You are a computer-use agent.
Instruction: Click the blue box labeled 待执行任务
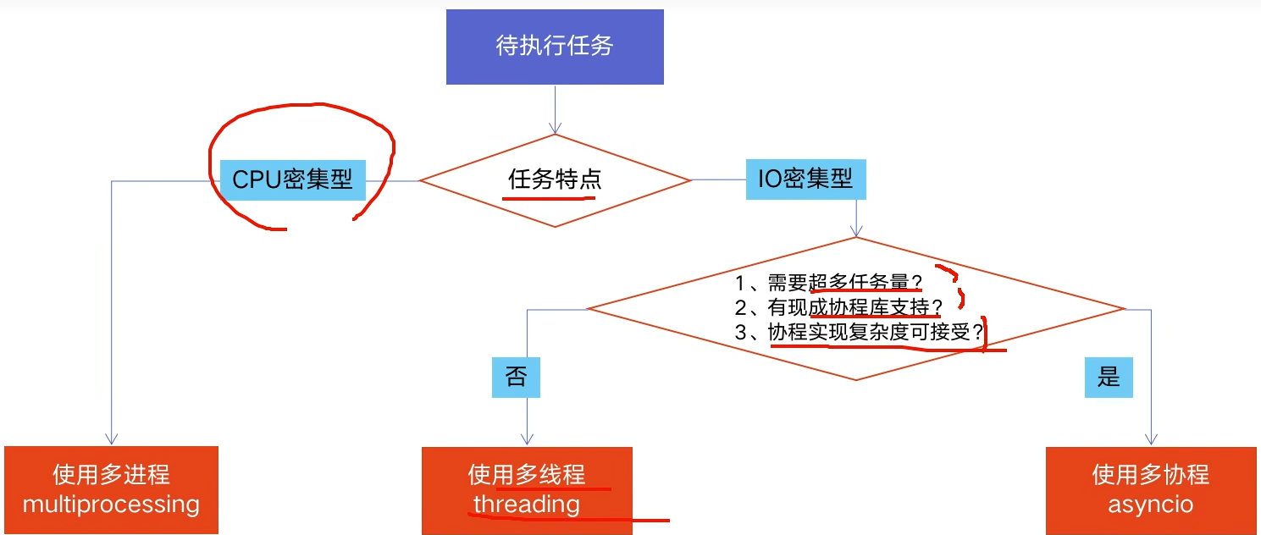pyautogui.click(x=555, y=47)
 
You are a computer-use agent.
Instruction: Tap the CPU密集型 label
pyautogui.click(x=293, y=179)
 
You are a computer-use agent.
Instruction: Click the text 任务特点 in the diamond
pyautogui.click(x=555, y=179)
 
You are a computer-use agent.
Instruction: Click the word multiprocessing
pyautogui.click(x=111, y=505)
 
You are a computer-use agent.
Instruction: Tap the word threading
pyautogui.click(x=527, y=505)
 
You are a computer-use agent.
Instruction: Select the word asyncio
pyautogui.click(x=1151, y=505)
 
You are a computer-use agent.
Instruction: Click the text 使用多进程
pyautogui.click(x=111, y=475)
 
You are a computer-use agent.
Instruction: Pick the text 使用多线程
pyautogui.click(x=527, y=475)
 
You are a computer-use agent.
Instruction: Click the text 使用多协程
pyautogui.click(x=1151, y=475)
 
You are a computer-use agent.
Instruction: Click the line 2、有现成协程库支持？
pyautogui.click(x=838, y=307)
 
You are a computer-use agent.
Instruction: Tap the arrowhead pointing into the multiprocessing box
pyautogui.click(x=111, y=439)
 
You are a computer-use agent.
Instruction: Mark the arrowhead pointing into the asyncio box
pyautogui.click(x=1151, y=439)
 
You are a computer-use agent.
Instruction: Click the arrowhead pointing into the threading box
pyautogui.click(x=527, y=439)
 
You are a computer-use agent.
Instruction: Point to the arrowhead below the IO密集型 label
pyautogui.click(x=856, y=230)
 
